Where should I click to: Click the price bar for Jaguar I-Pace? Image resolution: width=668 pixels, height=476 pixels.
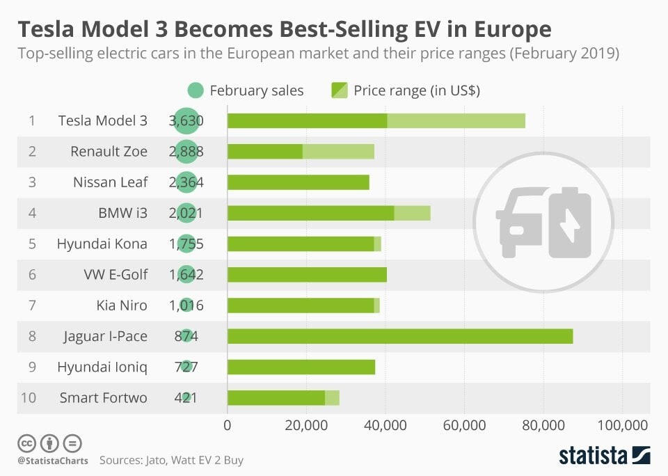tap(400, 336)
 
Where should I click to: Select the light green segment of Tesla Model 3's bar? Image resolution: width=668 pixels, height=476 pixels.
tap(456, 120)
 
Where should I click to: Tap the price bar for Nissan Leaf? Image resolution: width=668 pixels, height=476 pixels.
tap(298, 182)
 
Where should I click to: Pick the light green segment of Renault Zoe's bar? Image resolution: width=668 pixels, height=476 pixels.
tap(338, 151)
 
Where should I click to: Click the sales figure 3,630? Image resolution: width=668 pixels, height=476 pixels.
tap(186, 120)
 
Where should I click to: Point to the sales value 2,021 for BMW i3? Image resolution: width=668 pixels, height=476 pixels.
tap(186, 213)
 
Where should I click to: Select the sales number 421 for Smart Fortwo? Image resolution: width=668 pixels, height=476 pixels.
tap(186, 398)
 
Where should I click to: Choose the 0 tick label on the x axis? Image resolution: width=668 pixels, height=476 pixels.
tap(228, 426)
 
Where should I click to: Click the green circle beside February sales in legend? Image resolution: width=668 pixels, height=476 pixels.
tap(196, 90)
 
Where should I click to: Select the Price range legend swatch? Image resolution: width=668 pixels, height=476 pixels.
tap(339, 90)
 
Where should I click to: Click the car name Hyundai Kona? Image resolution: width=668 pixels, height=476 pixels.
tap(102, 244)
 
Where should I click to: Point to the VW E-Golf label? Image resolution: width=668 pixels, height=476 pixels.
tap(116, 274)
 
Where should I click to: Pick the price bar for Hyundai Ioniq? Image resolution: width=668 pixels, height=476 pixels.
tap(301, 367)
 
